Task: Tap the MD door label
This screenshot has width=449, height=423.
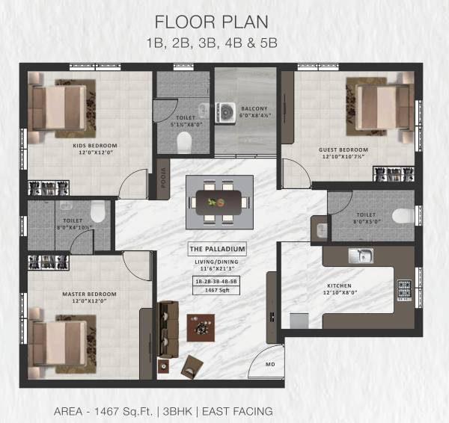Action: pos(271,365)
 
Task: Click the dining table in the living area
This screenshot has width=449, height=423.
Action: pos(218,201)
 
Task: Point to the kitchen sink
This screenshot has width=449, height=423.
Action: pos(360,256)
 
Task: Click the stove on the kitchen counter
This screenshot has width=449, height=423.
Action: pos(405,288)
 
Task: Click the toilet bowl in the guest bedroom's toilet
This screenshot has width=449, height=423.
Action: pos(402,216)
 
